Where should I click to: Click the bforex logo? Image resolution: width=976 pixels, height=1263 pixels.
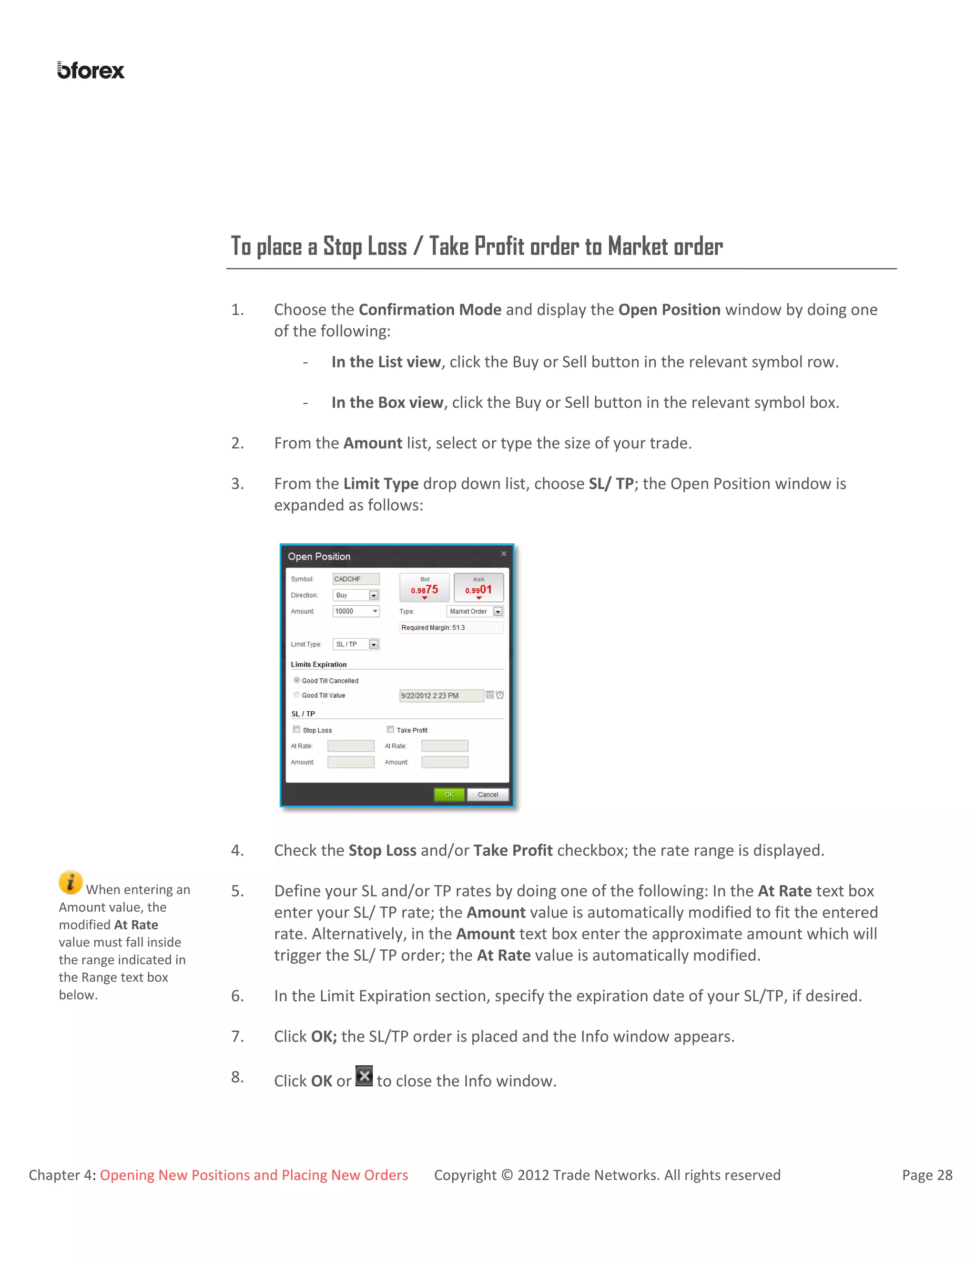91,71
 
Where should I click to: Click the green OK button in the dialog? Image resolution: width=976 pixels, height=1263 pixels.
448,794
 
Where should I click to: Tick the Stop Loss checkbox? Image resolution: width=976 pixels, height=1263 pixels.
296,730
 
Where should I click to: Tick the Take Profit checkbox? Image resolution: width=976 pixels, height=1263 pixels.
391,730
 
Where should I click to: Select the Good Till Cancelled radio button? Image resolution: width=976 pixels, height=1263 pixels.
296,680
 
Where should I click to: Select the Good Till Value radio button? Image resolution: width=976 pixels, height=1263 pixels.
296,695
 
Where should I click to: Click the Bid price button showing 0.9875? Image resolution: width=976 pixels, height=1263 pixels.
425,588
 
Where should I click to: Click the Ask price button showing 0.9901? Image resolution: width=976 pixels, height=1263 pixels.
479,588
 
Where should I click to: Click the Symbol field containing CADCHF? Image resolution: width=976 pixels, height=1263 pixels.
356,579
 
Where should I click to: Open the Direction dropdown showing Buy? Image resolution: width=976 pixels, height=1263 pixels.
374,595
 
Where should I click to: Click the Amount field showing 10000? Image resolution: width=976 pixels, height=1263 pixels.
356,611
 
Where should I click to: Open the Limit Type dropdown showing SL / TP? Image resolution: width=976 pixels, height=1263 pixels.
374,644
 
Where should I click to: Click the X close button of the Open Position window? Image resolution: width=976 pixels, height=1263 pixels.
504,554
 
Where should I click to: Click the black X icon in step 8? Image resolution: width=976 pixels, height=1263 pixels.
364,1076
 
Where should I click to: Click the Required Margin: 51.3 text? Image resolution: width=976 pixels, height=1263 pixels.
433,628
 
